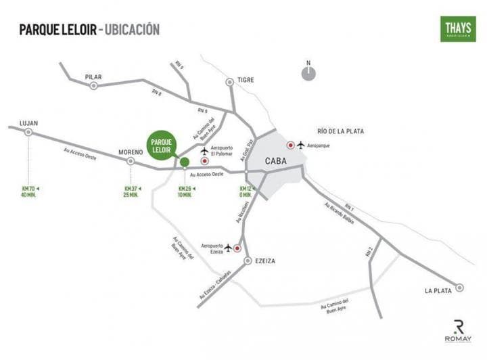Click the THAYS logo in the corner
coord(457,29)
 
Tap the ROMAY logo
coord(458,330)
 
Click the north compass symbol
coord(308,72)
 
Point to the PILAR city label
coord(93,77)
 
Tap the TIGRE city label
coord(246,80)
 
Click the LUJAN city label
coord(29,123)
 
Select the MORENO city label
coord(131,152)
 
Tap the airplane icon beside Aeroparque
coord(301,145)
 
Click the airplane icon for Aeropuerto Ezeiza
coord(228,248)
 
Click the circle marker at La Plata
coord(460,287)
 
